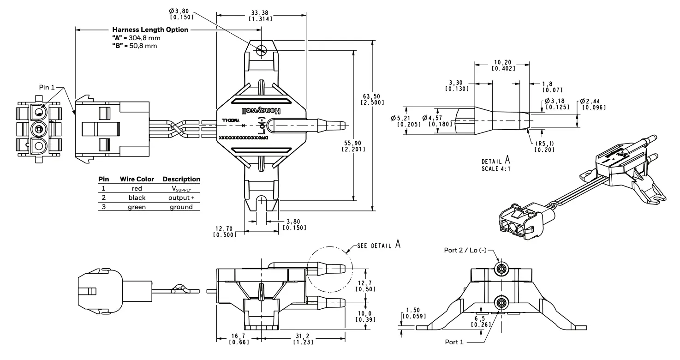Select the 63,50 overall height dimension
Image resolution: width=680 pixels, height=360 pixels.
tap(372, 99)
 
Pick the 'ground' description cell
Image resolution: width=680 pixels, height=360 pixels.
tap(181, 207)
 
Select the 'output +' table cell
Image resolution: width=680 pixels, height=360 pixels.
tap(181, 198)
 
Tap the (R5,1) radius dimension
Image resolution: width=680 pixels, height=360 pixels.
tap(544, 146)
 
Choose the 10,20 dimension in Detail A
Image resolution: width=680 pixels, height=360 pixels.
tap(502, 65)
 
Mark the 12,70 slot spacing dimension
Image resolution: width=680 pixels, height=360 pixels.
tap(225, 232)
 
